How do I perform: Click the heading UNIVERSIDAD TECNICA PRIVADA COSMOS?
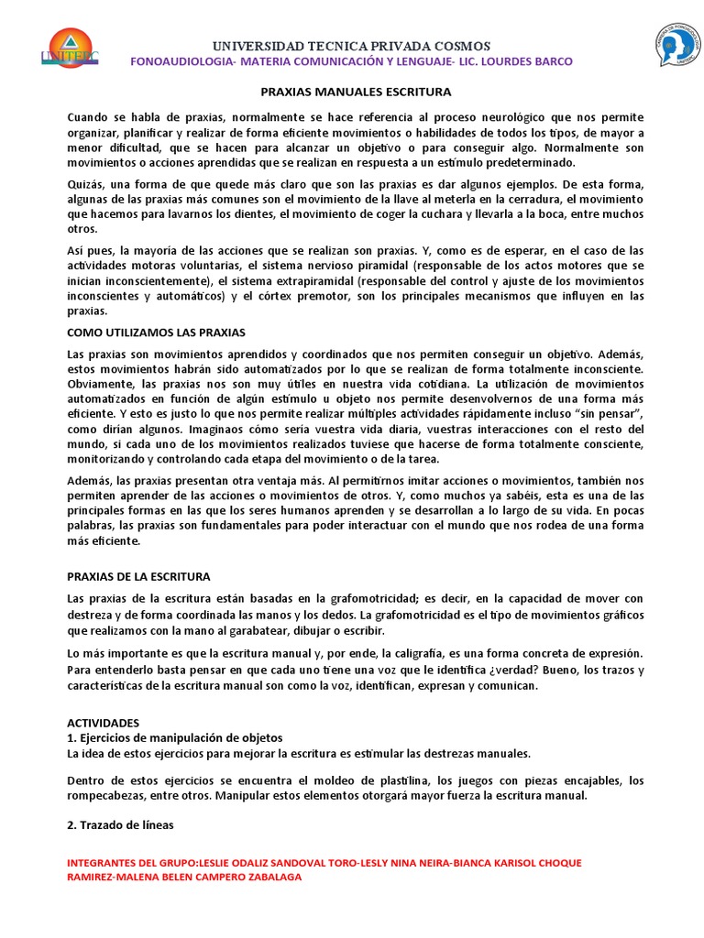click(x=352, y=46)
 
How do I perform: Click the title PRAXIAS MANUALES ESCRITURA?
click(x=352, y=93)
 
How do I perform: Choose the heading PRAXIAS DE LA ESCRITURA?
click(x=139, y=576)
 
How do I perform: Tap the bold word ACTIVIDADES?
click(x=104, y=723)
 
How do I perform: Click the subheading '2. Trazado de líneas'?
click(x=121, y=825)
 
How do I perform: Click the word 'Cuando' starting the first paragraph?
click(x=89, y=117)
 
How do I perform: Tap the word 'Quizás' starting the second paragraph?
click(x=87, y=184)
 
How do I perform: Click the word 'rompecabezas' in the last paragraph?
click(x=107, y=795)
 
